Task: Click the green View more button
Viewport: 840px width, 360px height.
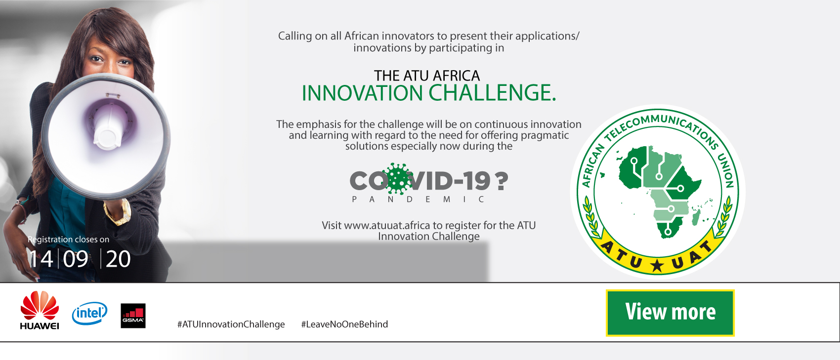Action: click(670, 313)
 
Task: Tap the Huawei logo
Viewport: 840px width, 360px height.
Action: click(40, 310)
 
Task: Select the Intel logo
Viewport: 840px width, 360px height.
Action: click(89, 313)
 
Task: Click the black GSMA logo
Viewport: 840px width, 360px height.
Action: click(133, 316)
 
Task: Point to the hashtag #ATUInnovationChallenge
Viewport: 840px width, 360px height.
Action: click(231, 324)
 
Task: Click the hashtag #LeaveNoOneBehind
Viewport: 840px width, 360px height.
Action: click(344, 324)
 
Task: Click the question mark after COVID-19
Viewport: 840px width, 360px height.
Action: click(502, 181)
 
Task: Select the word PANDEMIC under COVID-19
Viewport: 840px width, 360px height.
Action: click(418, 200)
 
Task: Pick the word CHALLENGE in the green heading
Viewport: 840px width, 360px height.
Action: click(492, 93)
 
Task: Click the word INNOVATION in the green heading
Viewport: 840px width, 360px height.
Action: click(362, 93)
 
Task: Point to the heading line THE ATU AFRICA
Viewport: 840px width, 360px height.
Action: click(427, 76)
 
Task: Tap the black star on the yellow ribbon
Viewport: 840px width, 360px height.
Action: click(657, 265)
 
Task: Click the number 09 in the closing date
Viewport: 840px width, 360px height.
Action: click(76, 259)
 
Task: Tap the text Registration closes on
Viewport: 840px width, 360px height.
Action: click(68, 240)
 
